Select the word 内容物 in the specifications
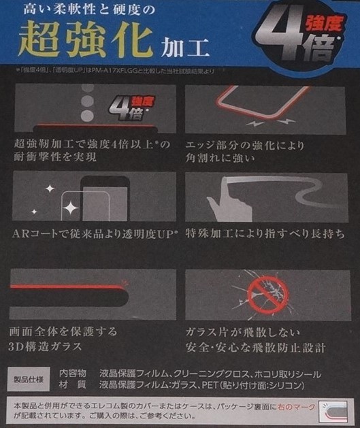click(73, 373)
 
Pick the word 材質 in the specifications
click(73, 384)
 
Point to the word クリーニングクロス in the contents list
click(211, 373)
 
